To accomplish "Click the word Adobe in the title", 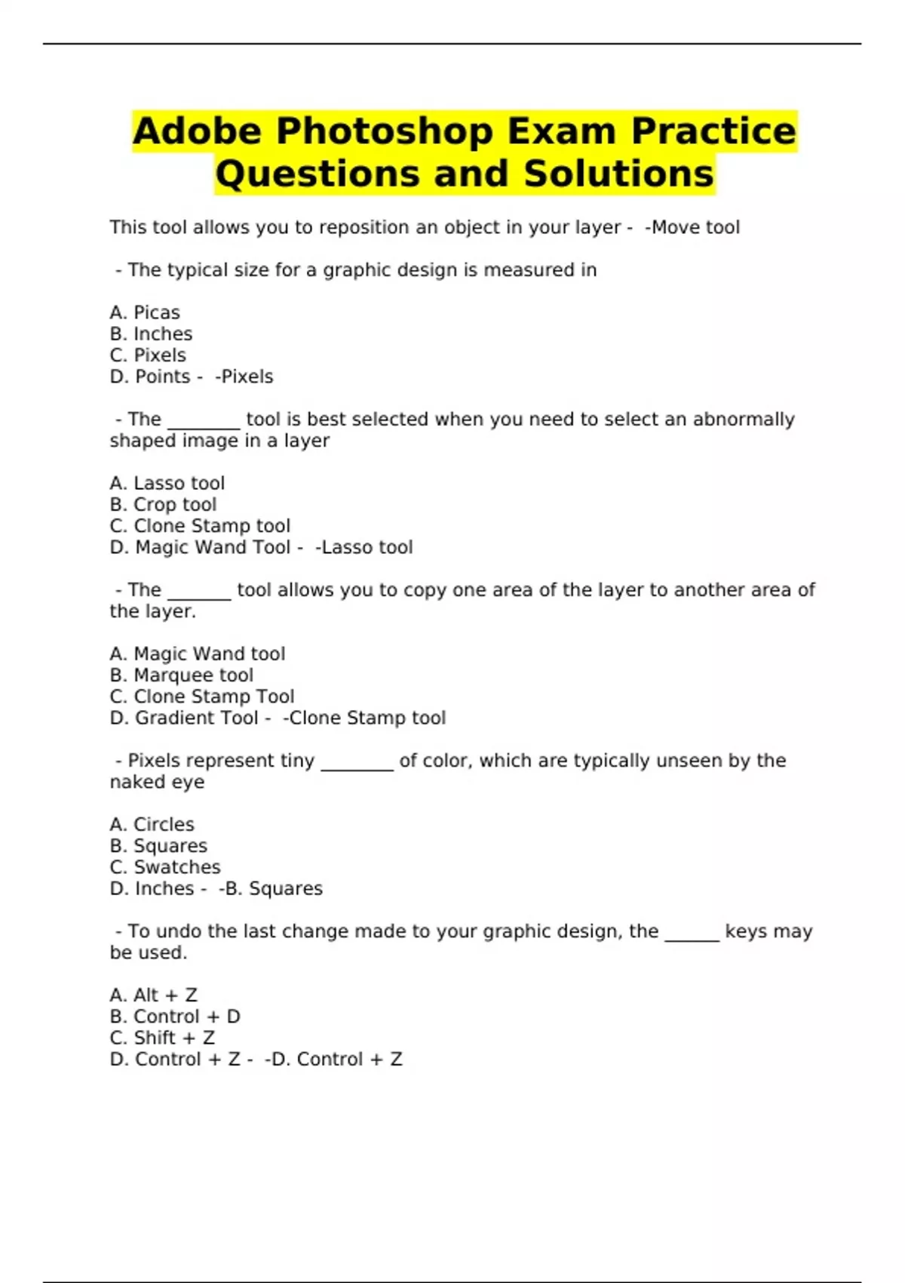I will [x=198, y=131].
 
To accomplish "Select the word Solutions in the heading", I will [x=618, y=174].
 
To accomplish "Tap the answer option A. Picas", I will [x=145, y=312].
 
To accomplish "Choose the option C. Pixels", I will [x=148, y=355].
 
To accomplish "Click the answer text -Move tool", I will [x=692, y=227].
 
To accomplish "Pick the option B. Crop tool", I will [x=163, y=505].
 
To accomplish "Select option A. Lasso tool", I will [x=167, y=483].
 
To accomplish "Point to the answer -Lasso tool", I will [x=364, y=547].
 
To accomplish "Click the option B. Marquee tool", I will [x=182, y=675].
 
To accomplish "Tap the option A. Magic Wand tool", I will [x=198, y=654].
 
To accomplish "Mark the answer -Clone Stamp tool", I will [x=364, y=718].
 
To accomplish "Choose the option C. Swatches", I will [x=165, y=867].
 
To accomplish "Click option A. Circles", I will [x=152, y=824].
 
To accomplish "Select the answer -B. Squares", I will [x=271, y=889].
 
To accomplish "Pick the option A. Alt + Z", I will [x=154, y=995].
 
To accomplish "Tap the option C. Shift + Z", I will [x=163, y=1038].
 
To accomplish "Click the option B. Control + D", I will [x=175, y=1017].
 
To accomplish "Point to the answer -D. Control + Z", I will [x=333, y=1060].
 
